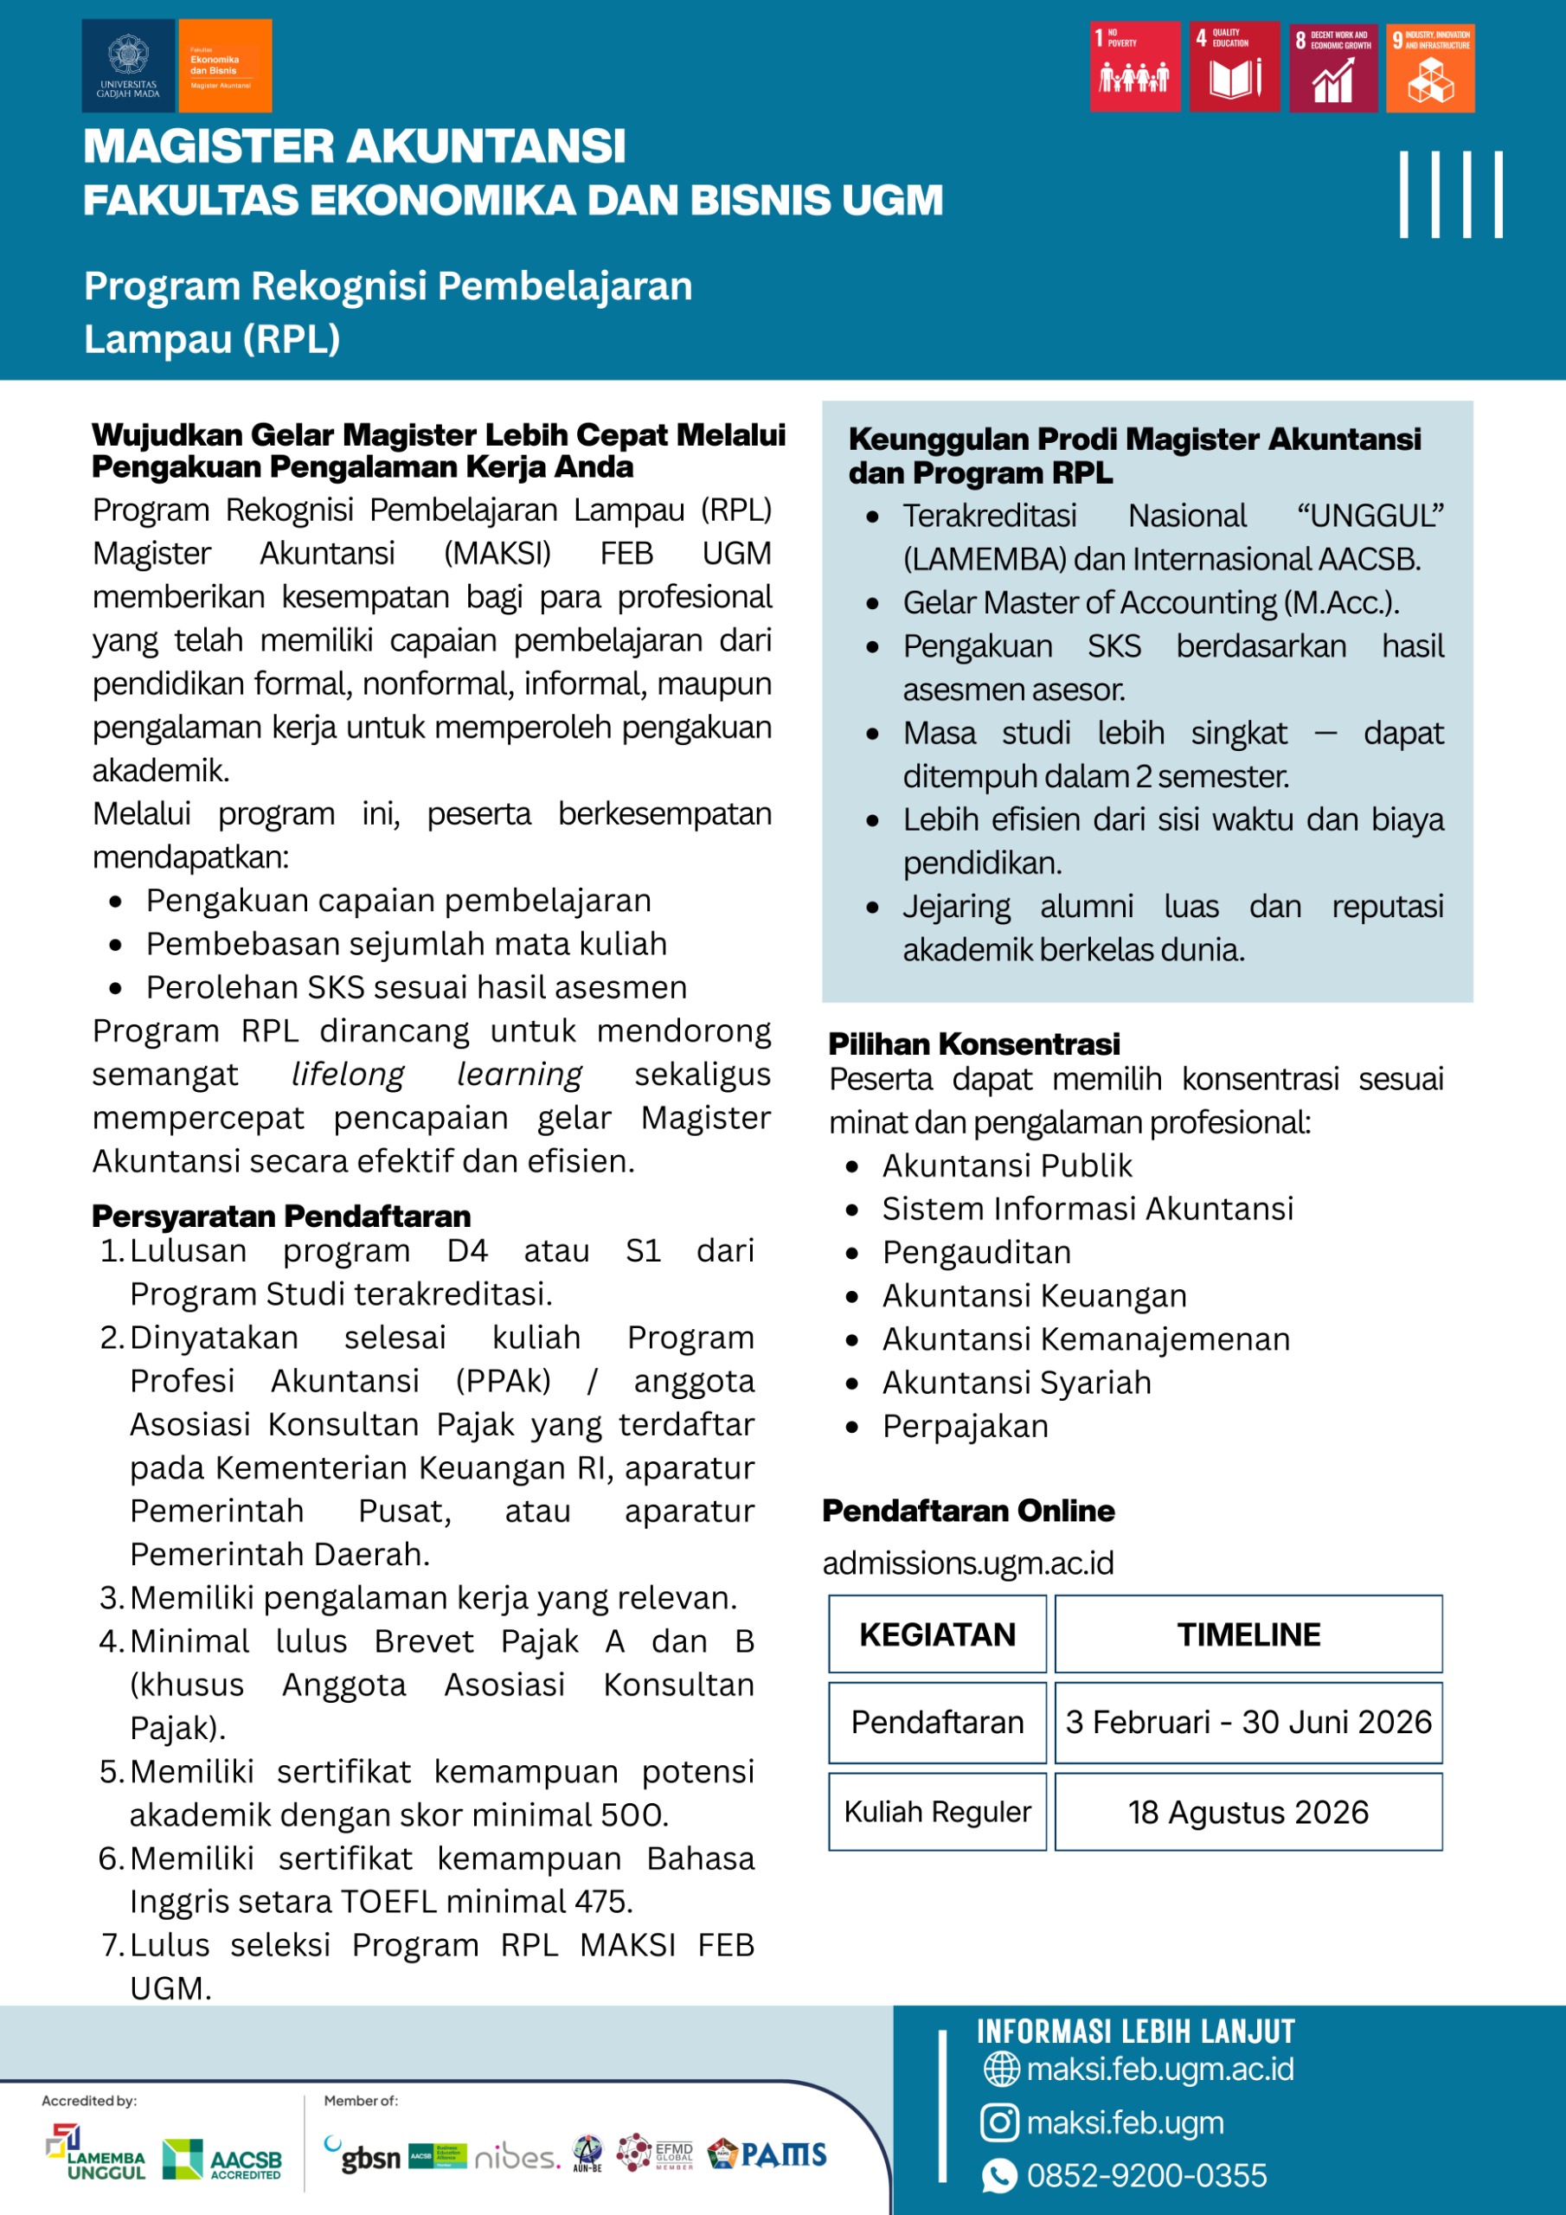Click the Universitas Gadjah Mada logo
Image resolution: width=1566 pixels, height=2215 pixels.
pos(127,66)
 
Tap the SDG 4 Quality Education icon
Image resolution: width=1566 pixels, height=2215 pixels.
pos(1234,67)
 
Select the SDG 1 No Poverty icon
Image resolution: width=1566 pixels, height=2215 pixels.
pos(1134,67)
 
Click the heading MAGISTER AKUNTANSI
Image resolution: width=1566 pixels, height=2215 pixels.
pos(354,146)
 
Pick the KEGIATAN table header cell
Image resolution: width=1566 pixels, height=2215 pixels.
pos(937,1634)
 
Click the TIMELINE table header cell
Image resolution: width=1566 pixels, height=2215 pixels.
pos(1248,1634)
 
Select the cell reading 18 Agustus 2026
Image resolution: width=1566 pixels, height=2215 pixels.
pos(1248,1812)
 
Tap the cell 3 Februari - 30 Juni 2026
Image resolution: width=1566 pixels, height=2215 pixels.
pos(1248,1722)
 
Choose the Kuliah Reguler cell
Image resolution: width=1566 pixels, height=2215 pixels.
pos(937,1812)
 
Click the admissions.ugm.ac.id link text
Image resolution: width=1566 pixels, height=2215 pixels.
pos(968,1563)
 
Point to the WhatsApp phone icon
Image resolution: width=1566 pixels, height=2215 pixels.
pos(998,2175)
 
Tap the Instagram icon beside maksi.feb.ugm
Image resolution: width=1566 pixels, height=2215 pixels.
pos(998,2122)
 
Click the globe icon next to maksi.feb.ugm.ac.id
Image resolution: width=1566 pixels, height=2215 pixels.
pos(1000,2070)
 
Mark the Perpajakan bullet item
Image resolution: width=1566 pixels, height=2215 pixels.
pos(965,1426)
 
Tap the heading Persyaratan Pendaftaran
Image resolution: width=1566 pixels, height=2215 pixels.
pos(282,1216)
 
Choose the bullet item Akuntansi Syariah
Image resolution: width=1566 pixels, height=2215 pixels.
pos(1016,1383)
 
